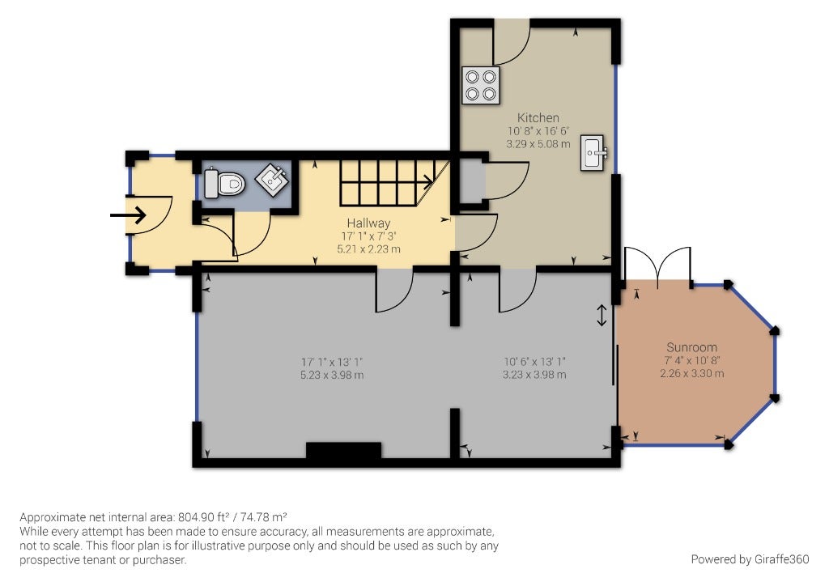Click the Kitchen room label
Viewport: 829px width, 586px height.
538,117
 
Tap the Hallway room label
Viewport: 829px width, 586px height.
368,223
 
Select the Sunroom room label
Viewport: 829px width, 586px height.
691,347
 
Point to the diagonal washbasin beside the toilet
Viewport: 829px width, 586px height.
272,179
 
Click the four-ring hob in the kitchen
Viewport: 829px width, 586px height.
481,85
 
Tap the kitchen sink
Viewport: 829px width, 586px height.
593,153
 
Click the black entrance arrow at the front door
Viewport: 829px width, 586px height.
128,215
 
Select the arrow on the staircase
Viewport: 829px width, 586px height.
426,182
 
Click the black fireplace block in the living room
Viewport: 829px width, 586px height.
343,451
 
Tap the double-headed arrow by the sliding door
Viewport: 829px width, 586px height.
602,316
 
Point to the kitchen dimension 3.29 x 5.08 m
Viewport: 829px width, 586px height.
538,144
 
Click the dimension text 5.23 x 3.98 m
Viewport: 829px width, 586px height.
332,376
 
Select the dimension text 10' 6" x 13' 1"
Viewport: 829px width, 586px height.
534,362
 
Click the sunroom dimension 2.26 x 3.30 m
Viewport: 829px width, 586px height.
691,373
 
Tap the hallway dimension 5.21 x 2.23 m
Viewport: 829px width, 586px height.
368,248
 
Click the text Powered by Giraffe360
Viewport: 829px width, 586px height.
750,559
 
